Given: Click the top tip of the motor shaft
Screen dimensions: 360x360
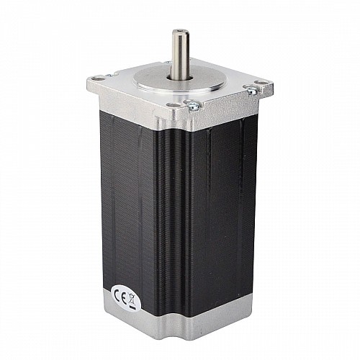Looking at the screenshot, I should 176,30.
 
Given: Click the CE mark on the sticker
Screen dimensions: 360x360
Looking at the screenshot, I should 120,296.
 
